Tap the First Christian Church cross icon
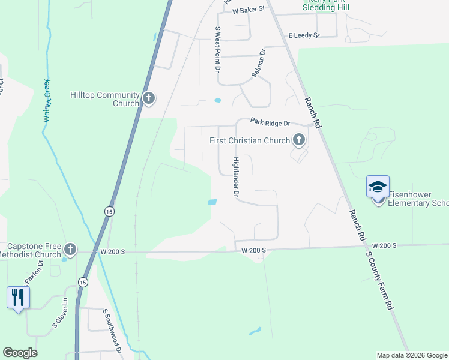298,141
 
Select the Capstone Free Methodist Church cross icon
70,249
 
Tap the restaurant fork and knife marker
18,296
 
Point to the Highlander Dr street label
236,177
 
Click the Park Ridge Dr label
270,123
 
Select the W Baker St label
248,11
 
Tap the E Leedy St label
304,35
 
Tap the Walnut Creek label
46,100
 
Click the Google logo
20,353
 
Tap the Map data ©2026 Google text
411,355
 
